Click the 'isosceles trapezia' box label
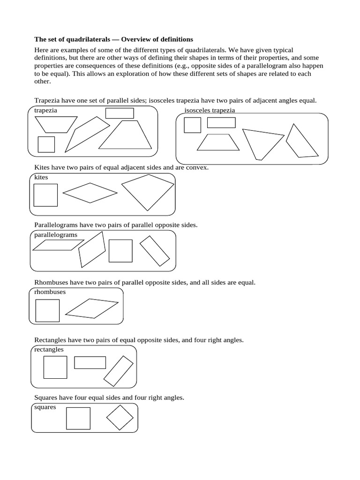pyautogui.click(x=210, y=110)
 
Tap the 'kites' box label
pyautogui.click(x=41, y=177)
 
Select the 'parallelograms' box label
pyautogui.click(x=56, y=234)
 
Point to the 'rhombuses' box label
pyautogui.click(x=50, y=292)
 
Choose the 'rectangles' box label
pyautogui.click(x=49, y=349)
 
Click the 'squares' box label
pyautogui.click(x=45, y=407)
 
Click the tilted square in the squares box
pyautogui.click(x=120, y=417)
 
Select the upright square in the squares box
pyautogui.click(x=78, y=418)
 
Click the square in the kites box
pyautogui.click(x=45, y=195)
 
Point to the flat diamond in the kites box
pyautogui.click(x=90, y=193)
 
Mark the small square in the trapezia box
pyautogui.click(x=46, y=144)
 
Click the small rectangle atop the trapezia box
pyautogui.click(x=120, y=113)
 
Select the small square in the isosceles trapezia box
pyautogui.click(x=192, y=125)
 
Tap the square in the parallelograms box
pyautogui.click(x=120, y=251)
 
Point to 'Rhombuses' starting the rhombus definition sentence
pyautogui.click(x=52, y=283)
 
